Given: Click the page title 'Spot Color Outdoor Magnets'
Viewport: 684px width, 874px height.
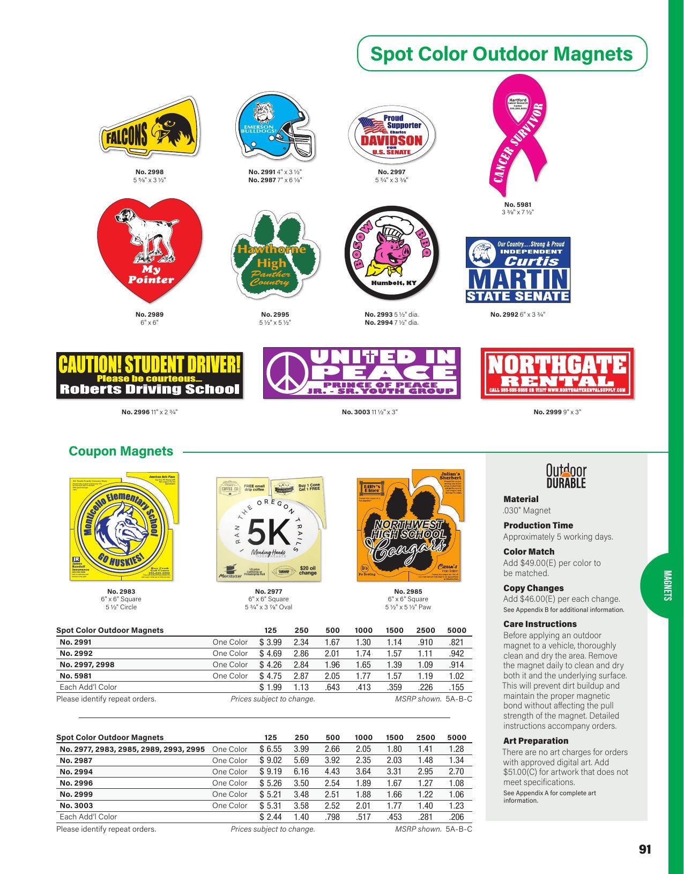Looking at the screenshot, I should point(502,54).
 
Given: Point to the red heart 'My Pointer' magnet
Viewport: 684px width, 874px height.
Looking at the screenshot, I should point(150,249).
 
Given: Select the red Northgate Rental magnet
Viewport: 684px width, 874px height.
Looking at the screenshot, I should point(557,373).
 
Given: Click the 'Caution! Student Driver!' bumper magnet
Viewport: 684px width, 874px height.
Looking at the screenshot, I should point(150,375).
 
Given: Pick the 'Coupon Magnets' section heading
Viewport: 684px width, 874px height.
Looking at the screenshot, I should point(121,451).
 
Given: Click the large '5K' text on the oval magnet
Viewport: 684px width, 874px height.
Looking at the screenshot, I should point(269,533).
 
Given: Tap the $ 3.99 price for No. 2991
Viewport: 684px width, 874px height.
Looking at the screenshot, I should point(270,642).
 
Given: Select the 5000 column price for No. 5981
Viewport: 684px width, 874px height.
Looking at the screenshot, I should point(456,676).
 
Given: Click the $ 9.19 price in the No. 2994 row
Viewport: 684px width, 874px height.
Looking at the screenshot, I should point(270,772).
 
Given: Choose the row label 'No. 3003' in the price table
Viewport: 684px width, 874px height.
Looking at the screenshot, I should point(76,805).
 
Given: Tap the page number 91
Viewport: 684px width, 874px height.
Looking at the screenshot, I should point(645,849).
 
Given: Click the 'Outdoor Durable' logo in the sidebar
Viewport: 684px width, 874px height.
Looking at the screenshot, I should point(566,476).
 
